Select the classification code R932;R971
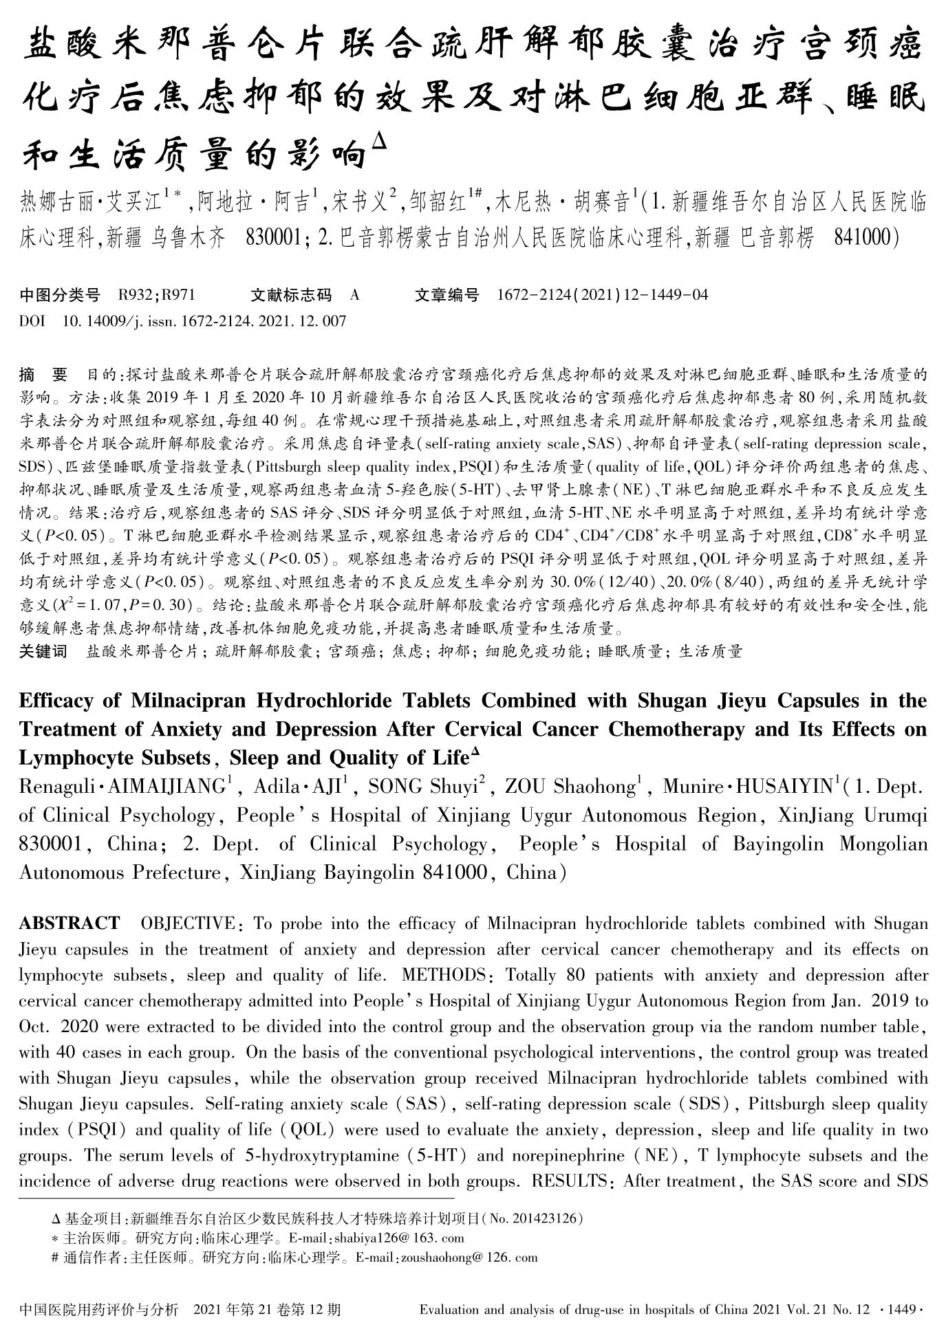[157, 295]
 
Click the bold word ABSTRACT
[69, 923]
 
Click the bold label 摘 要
[43, 375]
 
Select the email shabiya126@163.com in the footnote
[398, 1238]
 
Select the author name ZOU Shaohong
[572, 787]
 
